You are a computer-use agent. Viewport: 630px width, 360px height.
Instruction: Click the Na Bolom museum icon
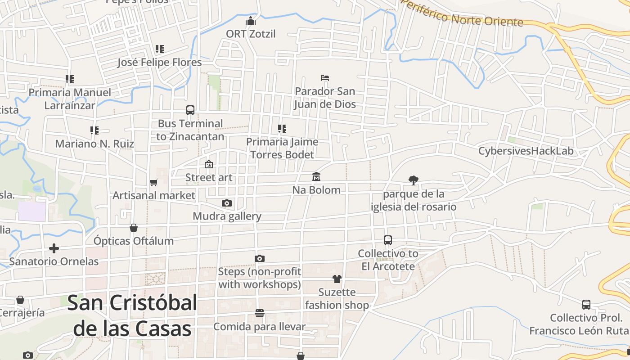pos(316,177)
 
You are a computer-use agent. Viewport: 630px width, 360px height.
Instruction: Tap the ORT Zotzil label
pos(251,34)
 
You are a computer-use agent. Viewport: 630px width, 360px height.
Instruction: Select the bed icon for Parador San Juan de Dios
pos(325,78)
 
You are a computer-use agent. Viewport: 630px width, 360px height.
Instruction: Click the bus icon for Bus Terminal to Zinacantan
pos(190,110)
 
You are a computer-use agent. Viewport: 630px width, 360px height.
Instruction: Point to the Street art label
pos(209,177)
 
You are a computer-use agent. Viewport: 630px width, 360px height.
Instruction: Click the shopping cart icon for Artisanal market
pos(154,182)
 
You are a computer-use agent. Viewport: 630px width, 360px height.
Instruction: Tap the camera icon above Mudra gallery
pos(227,203)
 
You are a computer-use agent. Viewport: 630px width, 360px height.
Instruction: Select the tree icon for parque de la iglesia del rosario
pos(414,180)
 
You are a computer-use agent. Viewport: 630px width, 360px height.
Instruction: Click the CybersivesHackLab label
pos(526,151)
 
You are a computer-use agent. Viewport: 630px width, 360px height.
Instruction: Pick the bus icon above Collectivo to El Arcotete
pos(388,240)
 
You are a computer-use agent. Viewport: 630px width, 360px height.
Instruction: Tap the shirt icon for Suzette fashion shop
pos(337,279)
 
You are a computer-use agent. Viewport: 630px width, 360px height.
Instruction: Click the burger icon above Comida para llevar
pos(259,313)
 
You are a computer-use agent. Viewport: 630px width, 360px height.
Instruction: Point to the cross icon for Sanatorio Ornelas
pos(54,248)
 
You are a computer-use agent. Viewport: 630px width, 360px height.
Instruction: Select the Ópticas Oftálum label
pos(134,241)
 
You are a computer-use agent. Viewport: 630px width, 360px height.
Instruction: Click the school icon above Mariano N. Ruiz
pos(94,130)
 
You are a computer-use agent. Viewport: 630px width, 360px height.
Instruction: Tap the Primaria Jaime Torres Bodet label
pos(282,148)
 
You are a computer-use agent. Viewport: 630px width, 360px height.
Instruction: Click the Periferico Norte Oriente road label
pos(462,14)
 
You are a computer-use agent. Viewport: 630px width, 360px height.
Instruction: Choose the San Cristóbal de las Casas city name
pos(132,316)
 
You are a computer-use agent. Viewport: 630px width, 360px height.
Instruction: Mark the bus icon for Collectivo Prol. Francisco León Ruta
pos(586,305)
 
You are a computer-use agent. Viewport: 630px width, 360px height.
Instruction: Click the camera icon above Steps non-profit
pos(259,258)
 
